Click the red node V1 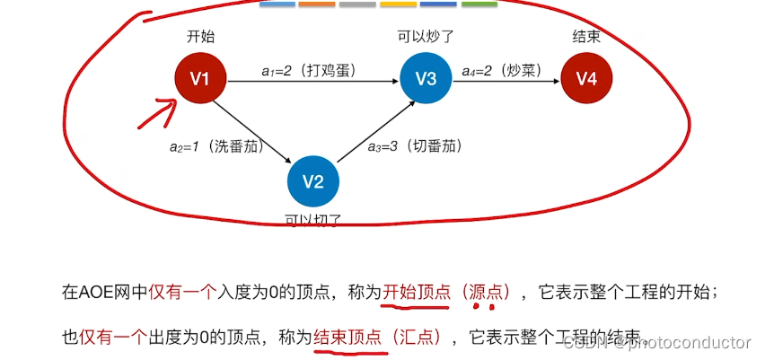pyautogui.click(x=200, y=79)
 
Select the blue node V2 pyautogui.click(x=312, y=180)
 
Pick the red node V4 pyautogui.click(x=585, y=79)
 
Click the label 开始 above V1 pyautogui.click(x=200, y=38)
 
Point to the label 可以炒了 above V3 pyautogui.click(x=426, y=38)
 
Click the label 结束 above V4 pyautogui.click(x=585, y=38)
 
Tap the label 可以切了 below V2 pyautogui.click(x=312, y=218)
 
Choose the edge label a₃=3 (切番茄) pyautogui.click(x=415, y=146)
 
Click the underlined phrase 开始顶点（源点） pyautogui.click(x=447, y=292)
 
